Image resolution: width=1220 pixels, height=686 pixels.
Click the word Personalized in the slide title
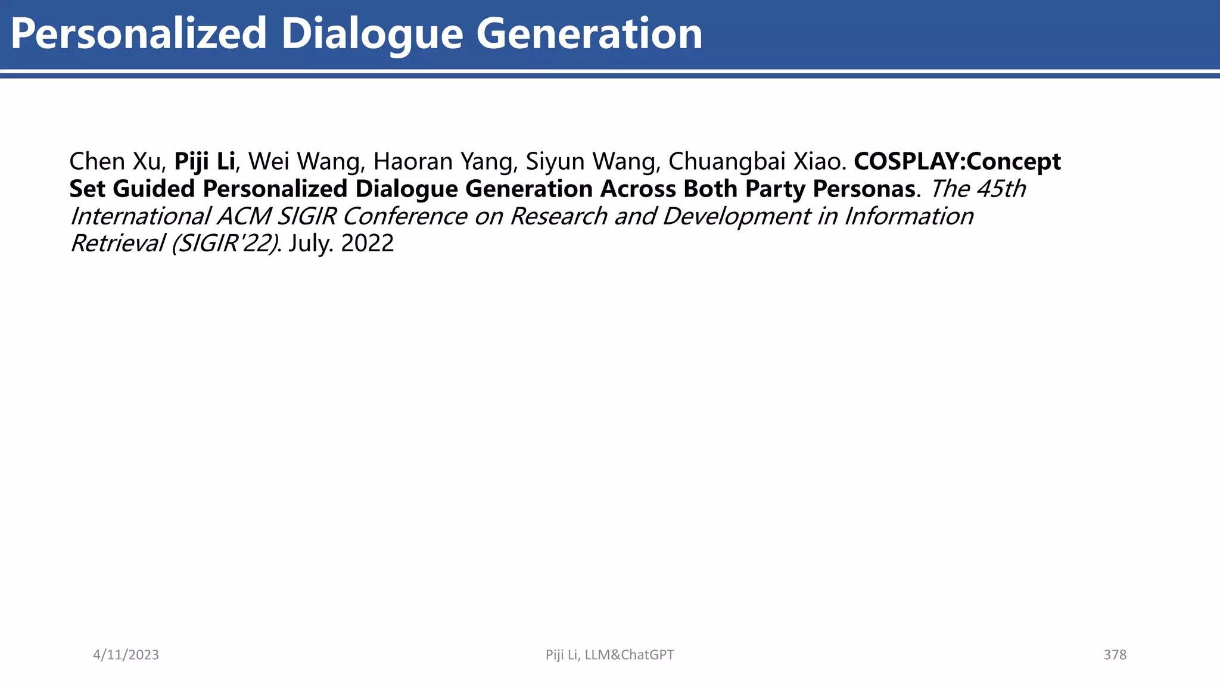coord(138,34)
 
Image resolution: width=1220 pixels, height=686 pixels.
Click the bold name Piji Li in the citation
coord(204,161)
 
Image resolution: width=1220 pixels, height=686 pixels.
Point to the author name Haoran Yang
coord(443,161)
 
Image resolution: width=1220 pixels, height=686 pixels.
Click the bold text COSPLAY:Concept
coord(957,161)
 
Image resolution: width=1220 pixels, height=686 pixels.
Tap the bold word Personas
coord(864,189)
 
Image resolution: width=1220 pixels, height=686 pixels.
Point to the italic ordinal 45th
coord(1001,189)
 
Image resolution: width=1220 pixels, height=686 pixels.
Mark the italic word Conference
coord(405,216)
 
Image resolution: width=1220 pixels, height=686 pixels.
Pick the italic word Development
coord(736,216)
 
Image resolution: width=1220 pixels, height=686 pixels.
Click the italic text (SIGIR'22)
coord(225,243)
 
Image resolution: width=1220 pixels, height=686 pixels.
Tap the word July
coord(311,243)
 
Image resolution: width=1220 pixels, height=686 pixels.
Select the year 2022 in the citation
coord(367,243)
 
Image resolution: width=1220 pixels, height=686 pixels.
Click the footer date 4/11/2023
coord(126,654)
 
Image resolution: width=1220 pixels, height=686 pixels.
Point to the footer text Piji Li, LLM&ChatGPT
coord(609,654)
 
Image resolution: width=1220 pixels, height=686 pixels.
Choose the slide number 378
coord(1115,654)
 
